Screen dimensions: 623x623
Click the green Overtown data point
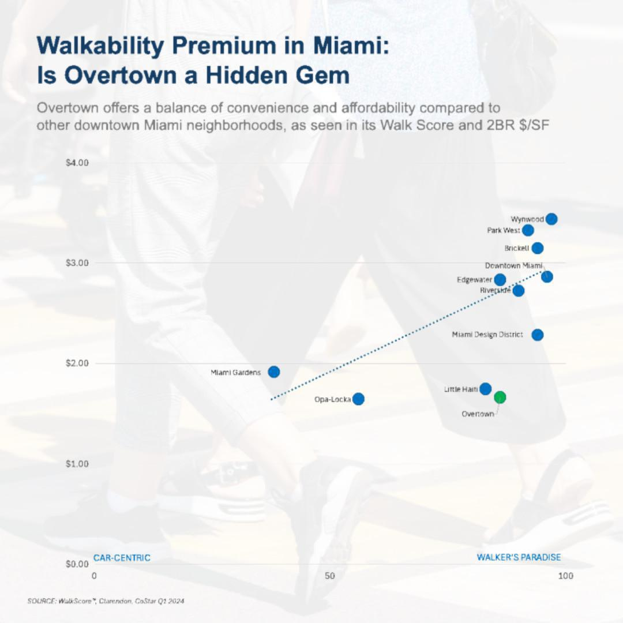click(500, 397)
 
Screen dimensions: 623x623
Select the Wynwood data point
click(551, 219)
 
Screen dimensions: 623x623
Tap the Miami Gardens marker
click(274, 371)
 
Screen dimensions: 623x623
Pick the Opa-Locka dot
click(358, 399)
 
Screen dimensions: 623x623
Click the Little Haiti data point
click(486, 388)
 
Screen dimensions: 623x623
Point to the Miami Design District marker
click(537, 335)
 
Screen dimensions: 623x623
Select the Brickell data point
click(537, 248)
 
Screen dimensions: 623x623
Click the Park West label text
click(503, 230)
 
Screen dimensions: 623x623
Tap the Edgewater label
click(474, 280)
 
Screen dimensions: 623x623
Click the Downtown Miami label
click(513, 265)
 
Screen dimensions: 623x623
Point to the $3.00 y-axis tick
click(77, 263)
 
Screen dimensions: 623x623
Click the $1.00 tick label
click(77, 464)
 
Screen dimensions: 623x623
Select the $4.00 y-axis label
click(77, 163)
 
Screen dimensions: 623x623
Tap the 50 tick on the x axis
click(329, 576)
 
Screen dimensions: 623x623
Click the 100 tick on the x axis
click(565, 576)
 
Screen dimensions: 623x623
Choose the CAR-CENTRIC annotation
click(122, 557)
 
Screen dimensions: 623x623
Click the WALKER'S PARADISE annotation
click(519, 557)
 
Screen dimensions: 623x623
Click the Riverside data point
click(519, 290)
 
